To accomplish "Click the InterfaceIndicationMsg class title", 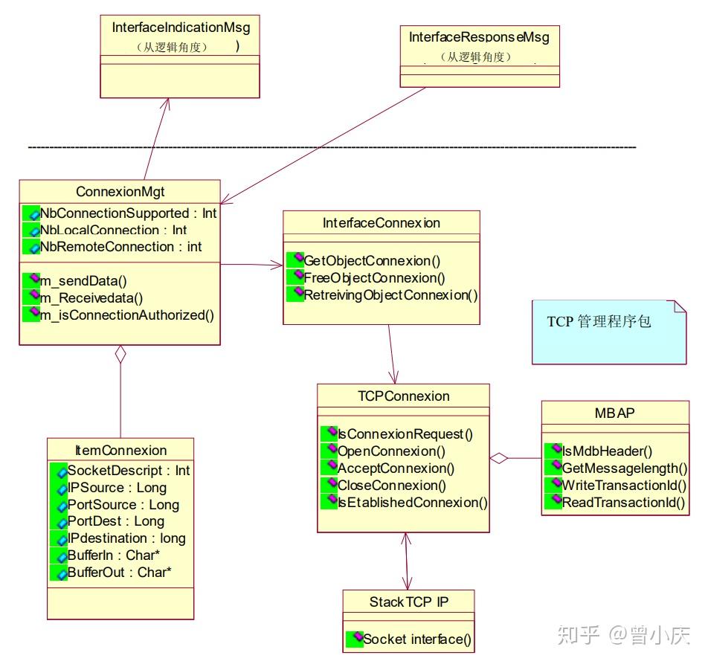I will pos(181,28).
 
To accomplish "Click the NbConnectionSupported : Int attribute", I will pos(128,213).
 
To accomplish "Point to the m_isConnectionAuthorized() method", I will pos(126,315).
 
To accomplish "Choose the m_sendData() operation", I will pos(83,280).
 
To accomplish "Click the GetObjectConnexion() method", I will pos(372,261).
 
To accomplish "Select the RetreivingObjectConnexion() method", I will pos(390,295).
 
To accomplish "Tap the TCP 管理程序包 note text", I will pos(599,322).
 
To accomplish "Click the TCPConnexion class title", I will pos(403,396).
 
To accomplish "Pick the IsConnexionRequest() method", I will pos(405,434).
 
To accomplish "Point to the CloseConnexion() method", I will pos(391,486).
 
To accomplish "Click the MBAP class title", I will pos(615,413).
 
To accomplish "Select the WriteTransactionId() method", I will pos(623,486).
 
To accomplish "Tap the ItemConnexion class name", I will pos(120,451).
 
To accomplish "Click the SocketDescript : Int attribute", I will pos(128,471).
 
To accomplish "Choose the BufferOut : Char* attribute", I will pos(119,573).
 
